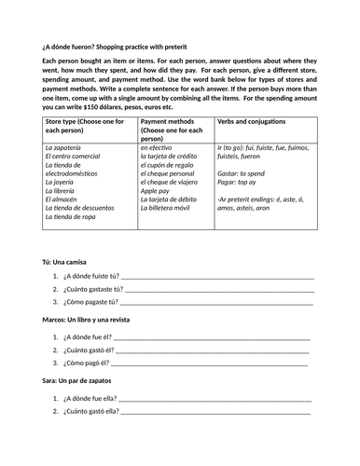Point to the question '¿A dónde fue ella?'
pyautogui.click(x=91, y=396)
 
